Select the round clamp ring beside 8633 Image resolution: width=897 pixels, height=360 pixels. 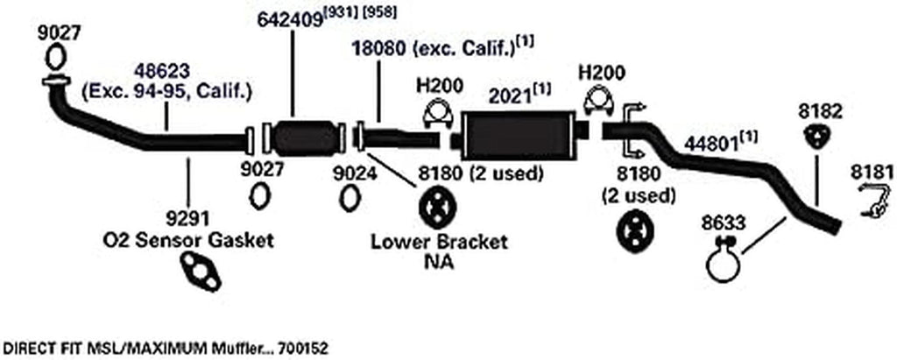724,264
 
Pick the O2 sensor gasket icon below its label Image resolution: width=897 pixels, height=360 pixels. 201,272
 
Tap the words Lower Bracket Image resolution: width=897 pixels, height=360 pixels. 439,243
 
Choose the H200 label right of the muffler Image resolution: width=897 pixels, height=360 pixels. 599,73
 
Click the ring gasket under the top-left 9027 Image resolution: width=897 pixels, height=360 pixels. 53,59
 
